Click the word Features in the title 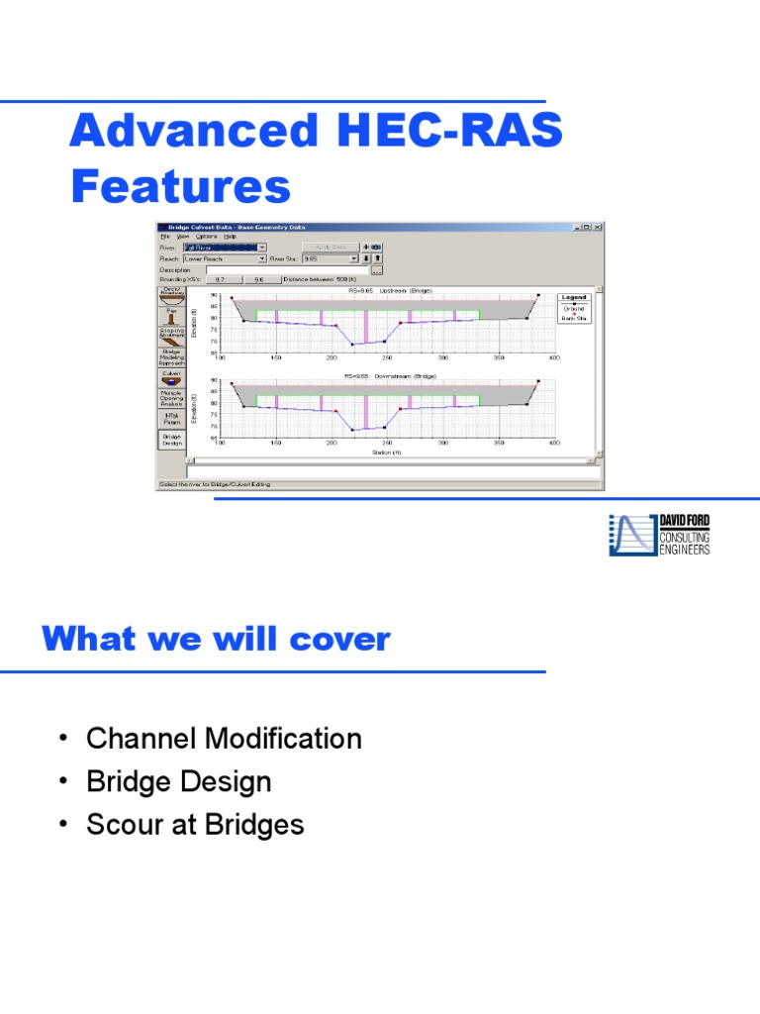(x=180, y=186)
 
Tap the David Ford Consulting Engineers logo (x=659, y=535)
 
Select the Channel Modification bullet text (x=224, y=739)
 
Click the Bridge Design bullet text (x=178, y=782)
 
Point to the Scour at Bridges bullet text (x=195, y=825)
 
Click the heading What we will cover (x=216, y=640)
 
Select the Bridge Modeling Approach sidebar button (x=171, y=357)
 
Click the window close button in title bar (x=598, y=227)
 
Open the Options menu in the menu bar (x=206, y=237)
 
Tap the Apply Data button (x=331, y=248)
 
